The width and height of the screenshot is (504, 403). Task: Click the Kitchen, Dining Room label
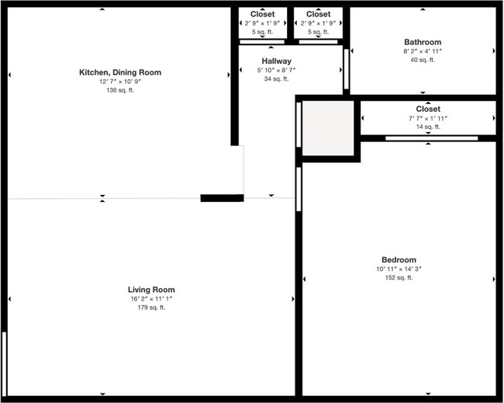(x=120, y=72)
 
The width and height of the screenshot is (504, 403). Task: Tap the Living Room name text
(x=152, y=290)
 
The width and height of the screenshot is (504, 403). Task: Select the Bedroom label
(x=399, y=260)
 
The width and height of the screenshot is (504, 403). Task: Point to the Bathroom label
(x=423, y=42)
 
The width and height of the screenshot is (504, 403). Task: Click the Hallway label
(x=276, y=61)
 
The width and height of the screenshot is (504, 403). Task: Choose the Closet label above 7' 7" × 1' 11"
(x=428, y=109)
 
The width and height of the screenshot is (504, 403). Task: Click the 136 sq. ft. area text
(x=120, y=91)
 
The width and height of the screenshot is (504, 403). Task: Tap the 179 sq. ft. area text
(x=152, y=307)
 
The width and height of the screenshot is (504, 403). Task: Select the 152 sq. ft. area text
(x=399, y=278)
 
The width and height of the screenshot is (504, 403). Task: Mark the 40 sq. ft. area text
(x=423, y=60)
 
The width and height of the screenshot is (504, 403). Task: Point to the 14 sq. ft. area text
(x=428, y=127)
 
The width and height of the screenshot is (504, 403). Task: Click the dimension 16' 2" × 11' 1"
(x=152, y=299)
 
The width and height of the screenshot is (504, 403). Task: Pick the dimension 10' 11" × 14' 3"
(x=399, y=269)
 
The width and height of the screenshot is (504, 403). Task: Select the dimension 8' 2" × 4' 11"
(x=423, y=51)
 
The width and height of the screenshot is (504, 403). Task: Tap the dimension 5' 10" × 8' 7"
(x=276, y=70)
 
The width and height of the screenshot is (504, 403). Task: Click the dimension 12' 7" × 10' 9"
(x=120, y=82)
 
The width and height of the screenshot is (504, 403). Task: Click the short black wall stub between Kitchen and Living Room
(x=222, y=198)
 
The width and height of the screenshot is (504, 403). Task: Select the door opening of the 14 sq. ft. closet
(x=420, y=138)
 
